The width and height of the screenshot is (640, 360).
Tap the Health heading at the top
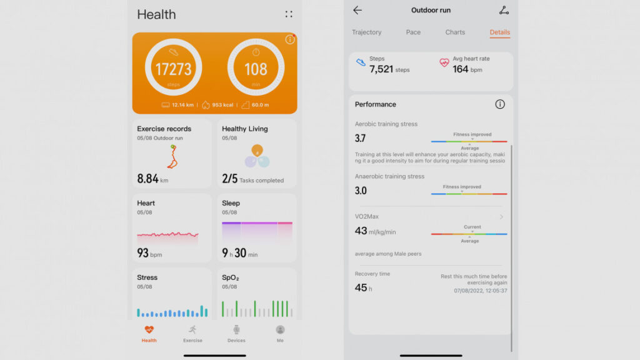156,14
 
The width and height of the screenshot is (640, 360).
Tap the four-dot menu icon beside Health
288,14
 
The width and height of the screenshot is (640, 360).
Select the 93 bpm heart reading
149,253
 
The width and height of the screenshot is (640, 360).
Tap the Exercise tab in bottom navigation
192,333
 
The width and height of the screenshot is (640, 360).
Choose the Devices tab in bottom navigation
236,333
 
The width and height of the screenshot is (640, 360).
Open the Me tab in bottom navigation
280,333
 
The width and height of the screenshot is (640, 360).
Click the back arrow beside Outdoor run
357,10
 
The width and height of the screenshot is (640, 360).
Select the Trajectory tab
366,32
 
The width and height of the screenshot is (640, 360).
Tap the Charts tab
455,32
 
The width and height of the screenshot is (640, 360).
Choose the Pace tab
413,32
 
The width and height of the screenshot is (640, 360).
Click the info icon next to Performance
499,104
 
